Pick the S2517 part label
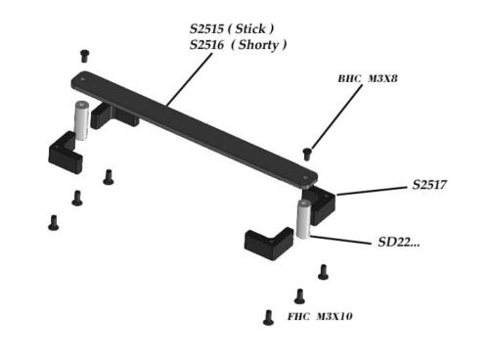click(x=429, y=184)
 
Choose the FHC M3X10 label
click(x=320, y=318)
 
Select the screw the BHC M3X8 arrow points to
click(x=308, y=153)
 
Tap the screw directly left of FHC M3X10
click(x=268, y=317)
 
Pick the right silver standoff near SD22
click(x=304, y=219)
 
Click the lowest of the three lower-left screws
click(x=53, y=222)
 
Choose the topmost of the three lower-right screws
click(x=323, y=272)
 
